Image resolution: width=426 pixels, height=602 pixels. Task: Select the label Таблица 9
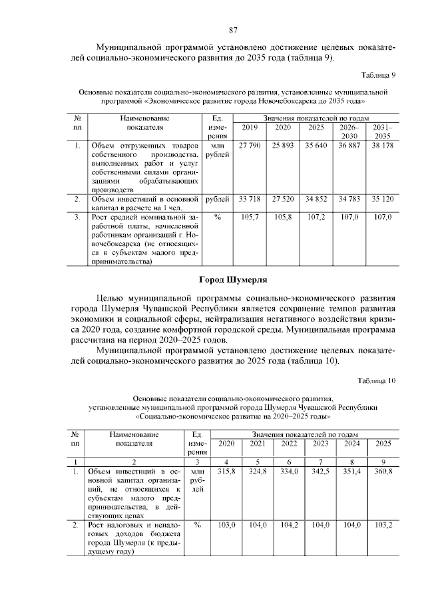(x=377, y=74)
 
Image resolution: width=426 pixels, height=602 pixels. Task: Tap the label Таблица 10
(x=376, y=381)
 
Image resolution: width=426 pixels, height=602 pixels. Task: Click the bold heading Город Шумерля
(x=233, y=279)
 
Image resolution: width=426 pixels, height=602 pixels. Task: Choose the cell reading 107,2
(x=316, y=217)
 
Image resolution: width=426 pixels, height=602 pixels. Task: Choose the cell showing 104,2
(x=289, y=525)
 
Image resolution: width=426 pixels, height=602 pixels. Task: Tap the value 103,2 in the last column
(x=383, y=525)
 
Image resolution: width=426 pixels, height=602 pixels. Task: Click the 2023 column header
(x=321, y=444)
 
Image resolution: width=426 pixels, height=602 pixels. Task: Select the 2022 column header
(x=289, y=444)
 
